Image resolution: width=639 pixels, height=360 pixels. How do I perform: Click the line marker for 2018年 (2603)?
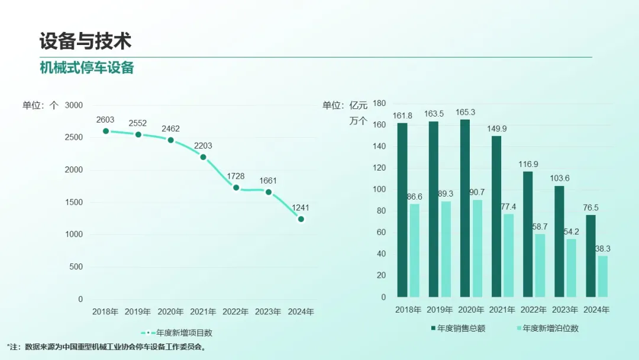pos(106,131)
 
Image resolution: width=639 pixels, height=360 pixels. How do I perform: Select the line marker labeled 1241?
pos(301,219)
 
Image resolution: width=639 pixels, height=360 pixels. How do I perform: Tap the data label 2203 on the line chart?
pos(203,146)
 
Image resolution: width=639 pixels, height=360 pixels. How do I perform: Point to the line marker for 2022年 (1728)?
pos(236,188)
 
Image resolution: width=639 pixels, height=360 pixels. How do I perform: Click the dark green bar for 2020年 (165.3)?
pos(465,208)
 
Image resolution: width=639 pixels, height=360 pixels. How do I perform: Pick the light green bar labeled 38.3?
pos(602,276)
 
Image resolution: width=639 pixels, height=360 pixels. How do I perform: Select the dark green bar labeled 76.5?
pos(590,256)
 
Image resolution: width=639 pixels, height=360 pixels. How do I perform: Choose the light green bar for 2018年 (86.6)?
pos(414,250)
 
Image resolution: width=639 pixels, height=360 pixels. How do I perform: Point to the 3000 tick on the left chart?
pos(73,105)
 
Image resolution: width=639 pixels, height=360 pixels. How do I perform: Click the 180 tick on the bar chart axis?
pos(379,103)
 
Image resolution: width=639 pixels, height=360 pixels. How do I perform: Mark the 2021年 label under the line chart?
pos(203,311)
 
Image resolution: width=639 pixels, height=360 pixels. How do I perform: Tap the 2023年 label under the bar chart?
pos(565,310)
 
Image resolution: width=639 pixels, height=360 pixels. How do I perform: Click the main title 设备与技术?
pos(85,41)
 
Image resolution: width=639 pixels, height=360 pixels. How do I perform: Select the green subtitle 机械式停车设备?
pos(87,67)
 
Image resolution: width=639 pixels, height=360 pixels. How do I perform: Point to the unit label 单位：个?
pos(40,105)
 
